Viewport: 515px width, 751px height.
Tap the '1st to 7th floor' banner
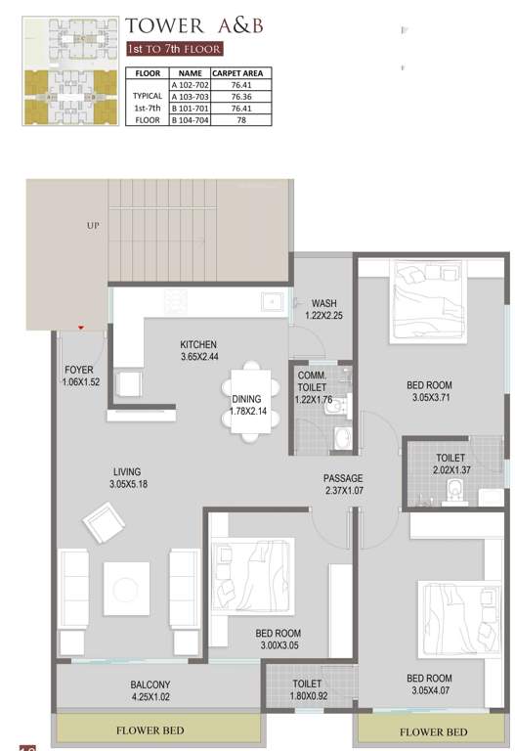175,48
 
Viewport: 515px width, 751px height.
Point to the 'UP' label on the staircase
94,225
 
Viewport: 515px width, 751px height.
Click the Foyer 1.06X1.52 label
80,375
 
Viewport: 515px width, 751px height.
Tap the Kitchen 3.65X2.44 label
197,350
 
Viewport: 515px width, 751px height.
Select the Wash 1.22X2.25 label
323,309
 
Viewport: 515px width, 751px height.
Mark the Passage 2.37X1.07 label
343,484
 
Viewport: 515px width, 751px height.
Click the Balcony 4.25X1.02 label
150,690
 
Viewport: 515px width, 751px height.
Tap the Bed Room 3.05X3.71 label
429,391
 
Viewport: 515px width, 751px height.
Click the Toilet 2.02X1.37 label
451,464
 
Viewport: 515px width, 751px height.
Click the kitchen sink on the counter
271,302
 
